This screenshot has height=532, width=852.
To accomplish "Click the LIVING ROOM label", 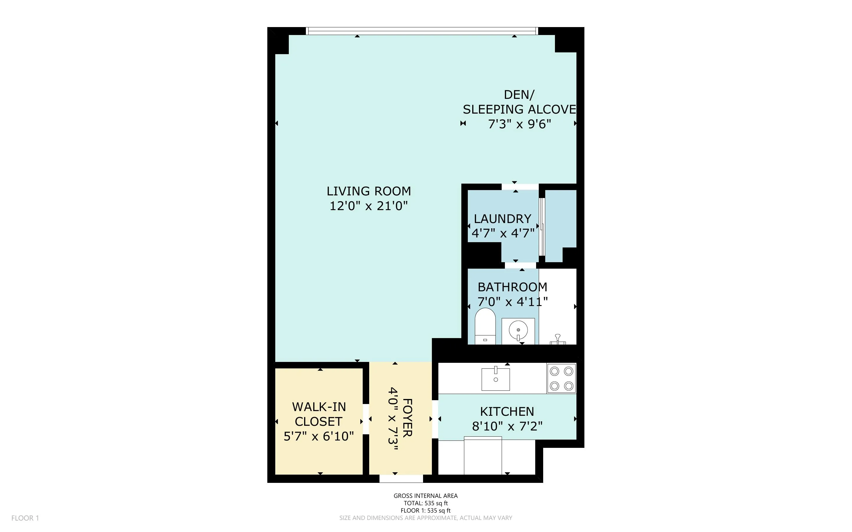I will coord(369,191).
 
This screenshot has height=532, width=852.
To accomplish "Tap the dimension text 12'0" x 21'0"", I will coord(369,206).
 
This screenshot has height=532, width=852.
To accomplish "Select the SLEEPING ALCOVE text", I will coord(519,109).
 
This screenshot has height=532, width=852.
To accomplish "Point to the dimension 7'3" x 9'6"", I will coord(519,124).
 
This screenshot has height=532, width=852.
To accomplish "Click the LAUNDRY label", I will coord(502,219).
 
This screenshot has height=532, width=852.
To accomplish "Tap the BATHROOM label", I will coord(512,287).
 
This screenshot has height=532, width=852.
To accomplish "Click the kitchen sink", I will coord(495,379).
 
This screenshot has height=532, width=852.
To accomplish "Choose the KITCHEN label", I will coord(507,411).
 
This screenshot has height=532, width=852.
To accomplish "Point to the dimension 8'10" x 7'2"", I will coord(507,426).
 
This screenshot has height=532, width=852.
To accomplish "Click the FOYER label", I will coord(407,418).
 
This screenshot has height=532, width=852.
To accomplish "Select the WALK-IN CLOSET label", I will coord(319,414).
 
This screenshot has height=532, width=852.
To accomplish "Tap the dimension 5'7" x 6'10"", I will coord(319,436).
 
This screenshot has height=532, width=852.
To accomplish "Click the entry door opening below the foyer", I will coord(401,478).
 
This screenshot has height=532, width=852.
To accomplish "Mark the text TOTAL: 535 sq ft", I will coord(425,503).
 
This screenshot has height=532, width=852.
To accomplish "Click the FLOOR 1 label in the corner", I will coord(25,518).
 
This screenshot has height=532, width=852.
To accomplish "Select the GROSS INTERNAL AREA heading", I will coord(425,496).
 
